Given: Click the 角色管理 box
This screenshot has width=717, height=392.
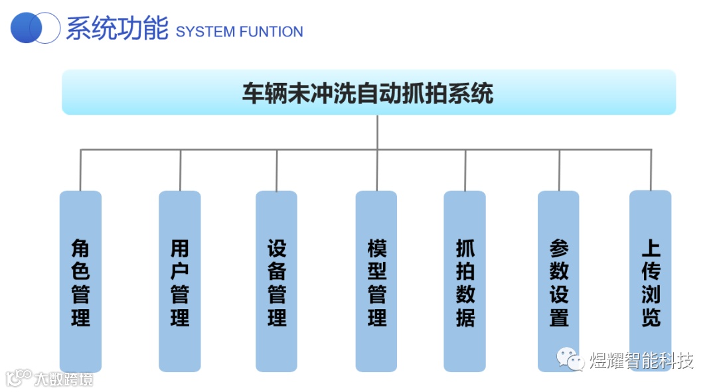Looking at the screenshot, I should click(80, 281).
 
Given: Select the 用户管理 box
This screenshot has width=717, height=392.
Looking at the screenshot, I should click(179, 281).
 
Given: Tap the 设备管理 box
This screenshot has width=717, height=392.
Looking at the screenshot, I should click(276, 281).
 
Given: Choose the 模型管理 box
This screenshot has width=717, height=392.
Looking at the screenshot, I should click(376, 281).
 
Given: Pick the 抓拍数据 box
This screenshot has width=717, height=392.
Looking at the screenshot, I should click(465, 281).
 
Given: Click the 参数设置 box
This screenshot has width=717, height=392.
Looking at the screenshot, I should click(558, 281).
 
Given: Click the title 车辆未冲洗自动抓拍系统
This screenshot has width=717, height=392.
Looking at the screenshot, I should click(368, 93).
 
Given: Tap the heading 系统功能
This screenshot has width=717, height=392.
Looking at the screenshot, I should click(117, 29).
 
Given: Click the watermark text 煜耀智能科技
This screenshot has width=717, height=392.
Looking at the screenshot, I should click(641, 361).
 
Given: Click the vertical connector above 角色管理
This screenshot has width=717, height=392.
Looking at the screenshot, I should click(80, 170).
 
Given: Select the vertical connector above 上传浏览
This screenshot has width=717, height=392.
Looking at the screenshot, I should click(651, 170).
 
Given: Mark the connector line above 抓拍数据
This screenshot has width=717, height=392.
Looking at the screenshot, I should click(465, 170).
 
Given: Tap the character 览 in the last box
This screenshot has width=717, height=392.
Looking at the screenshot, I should click(651, 317).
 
